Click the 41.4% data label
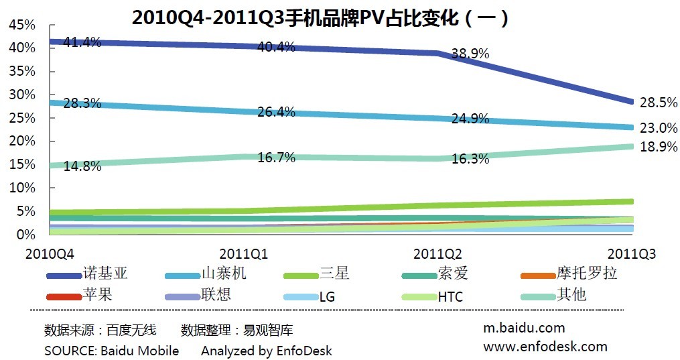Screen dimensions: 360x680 pos(82,42)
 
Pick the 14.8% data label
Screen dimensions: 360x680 pos(82,166)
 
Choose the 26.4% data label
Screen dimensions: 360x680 pos(276,112)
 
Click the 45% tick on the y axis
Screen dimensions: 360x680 pos(22,25)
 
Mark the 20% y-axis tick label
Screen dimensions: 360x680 pos(22,141)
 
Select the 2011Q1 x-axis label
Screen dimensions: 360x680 pos(244,254)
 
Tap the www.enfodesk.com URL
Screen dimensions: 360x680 pos(545,347)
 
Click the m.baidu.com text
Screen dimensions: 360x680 pos(524,328)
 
